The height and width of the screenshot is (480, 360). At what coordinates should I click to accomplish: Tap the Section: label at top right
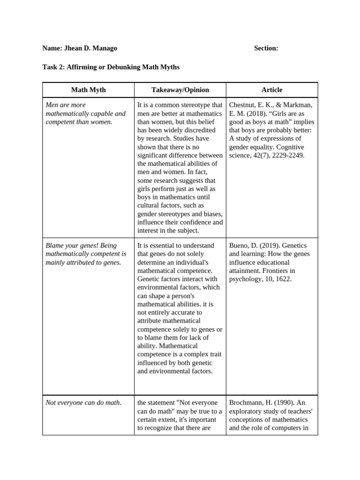266,48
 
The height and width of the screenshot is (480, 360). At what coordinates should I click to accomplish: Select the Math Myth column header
88,90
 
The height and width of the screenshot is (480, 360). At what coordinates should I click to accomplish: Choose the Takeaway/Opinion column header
180,90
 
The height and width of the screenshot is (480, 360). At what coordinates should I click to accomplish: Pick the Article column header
272,90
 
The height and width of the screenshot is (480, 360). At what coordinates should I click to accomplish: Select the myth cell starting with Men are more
85,113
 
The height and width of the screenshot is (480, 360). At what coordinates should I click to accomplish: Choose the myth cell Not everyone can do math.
83,403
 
